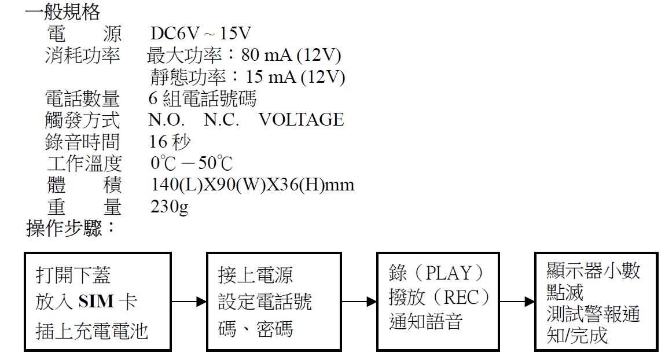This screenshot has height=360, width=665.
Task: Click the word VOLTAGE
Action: tap(301, 120)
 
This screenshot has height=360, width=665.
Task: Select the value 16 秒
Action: tap(170, 142)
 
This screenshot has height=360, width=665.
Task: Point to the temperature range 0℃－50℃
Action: tap(192, 164)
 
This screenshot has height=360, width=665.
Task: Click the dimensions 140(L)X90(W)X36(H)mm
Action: tap(252, 185)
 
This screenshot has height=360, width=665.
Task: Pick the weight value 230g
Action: tap(169, 207)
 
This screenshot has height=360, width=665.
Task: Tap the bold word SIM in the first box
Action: tap(96, 301)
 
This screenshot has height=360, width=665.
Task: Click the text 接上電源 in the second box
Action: tap(256, 274)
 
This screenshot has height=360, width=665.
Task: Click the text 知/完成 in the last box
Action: tap(577, 335)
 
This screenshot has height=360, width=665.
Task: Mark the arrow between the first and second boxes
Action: tap(189, 302)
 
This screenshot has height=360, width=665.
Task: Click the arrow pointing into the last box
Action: tap(517, 302)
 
